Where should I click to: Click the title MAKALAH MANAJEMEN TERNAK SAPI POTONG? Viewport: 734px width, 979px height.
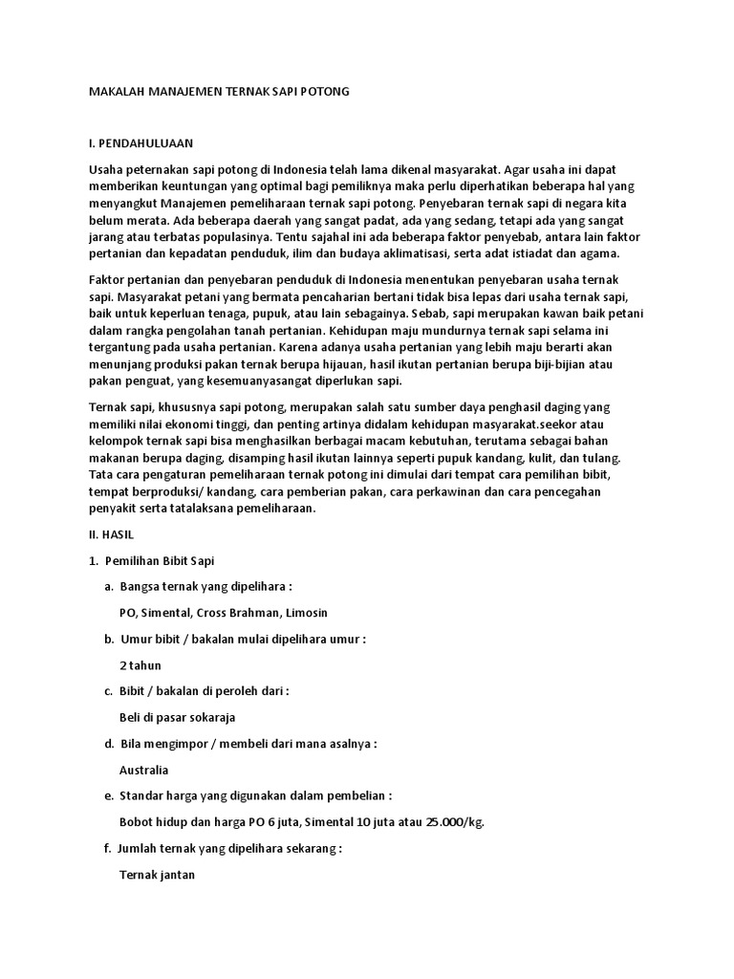(219, 91)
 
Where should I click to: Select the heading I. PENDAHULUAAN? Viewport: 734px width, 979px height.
(140, 143)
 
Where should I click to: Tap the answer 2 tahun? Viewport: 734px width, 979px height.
(140, 664)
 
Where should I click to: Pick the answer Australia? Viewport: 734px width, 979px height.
(143, 769)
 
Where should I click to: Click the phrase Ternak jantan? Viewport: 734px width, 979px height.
(158, 874)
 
